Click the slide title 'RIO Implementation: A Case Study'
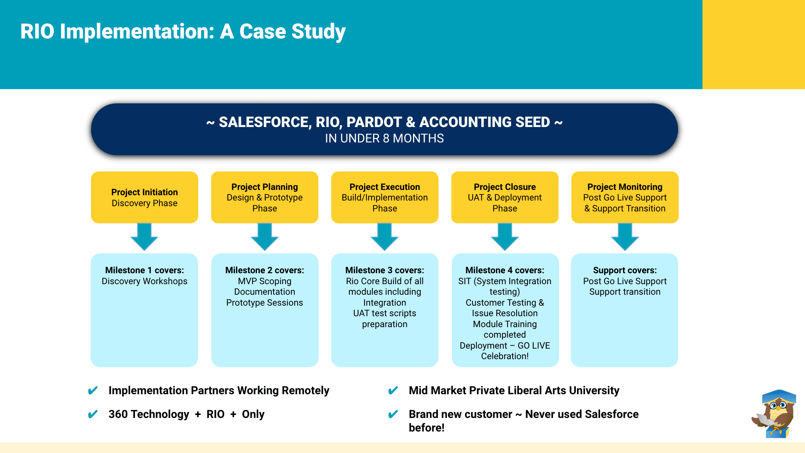pos(183,31)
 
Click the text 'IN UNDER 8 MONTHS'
pos(384,138)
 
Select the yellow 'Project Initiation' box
pos(144,197)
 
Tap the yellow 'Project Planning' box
pos(265,197)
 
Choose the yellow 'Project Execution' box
pos(384,197)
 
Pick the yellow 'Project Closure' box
pos(505,197)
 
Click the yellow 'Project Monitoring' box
pos(625,197)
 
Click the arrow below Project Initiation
pos(144,237)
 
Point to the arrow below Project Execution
pos(384,237)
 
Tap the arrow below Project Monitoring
pos(625,237)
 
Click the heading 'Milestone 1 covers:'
pos(144,270)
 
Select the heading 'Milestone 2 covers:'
pos(265,270)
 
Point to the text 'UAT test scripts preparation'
pos(384,318)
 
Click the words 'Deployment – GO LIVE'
pos(505,346)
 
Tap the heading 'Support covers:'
pos(625,270)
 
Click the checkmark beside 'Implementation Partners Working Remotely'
pos(93,390)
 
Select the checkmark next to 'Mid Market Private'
pos(393,390)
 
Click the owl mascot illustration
pos(775,415)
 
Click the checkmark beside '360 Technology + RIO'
pos(93,414)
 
